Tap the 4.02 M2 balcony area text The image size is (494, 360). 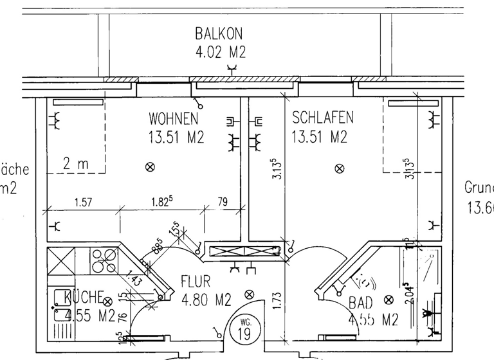pyautogui.click(x=220, y=51)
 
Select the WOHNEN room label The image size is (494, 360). pyautogui.click(x=174, y=120)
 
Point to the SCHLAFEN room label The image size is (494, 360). pyautogui.click(x=323, y=118)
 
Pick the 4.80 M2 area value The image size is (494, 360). pyautogui.click(x=206, y=299)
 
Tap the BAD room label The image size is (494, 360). pyautogui.click(x=361, y=302)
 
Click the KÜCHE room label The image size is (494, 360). pyautogui.click(x=84, y=298)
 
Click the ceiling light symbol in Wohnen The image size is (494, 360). pyautogui.click(x=151, y=167)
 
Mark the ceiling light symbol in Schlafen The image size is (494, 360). pyautogui.click(x=340, y=168)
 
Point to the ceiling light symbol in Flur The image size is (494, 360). pyautogui.click(x=250, y=294)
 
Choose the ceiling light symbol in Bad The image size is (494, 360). pyautogui.click(x=389, y=300)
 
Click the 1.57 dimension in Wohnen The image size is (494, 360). pyautogui.click(x=82, y=203)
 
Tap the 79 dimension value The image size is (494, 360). pyautogui.click(x=223, y=203)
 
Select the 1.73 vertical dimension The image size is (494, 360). pyautogui.click(x=277, y=300)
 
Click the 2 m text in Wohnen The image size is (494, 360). pyautogui.click(x=76, y=164)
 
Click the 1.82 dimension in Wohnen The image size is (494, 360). pyautogui.click(x=160, y=202)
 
